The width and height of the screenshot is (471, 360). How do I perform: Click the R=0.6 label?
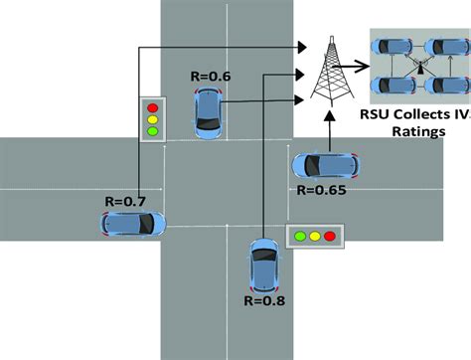pos(211,76)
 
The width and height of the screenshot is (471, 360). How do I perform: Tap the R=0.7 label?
pos(125,200)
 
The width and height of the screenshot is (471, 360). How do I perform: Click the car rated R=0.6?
pos(209,110)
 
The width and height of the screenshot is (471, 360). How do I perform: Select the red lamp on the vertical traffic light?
pos(152,106)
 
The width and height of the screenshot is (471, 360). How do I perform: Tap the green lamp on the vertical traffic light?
pos(152,130)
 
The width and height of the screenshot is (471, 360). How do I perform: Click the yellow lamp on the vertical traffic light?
pos(152,118)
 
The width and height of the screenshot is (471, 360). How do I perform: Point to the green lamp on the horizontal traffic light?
pos(300,237)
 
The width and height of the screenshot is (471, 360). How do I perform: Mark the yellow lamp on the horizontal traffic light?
pos(314,237)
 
